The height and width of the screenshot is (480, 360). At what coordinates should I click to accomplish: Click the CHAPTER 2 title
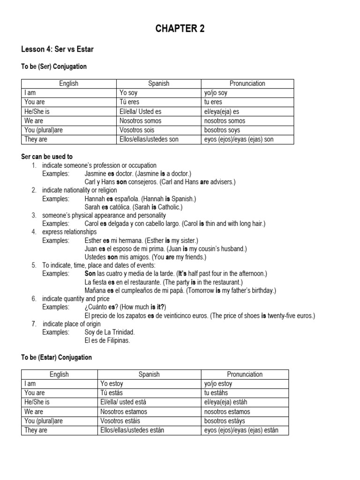pyautogui.click(x=180, y=29)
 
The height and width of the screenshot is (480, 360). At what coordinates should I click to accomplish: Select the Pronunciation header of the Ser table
pyautogui.click(x=247, y=83)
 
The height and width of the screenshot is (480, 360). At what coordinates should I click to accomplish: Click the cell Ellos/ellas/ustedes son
pyautogui.click(x=149, y=139)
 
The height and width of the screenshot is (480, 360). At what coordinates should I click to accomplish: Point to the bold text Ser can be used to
pyautogui.click(x=47, y=157)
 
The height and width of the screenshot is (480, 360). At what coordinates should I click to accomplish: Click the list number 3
pyautogui.click(x=34, y=215)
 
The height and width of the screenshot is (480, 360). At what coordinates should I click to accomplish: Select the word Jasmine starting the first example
pyautogui.click(x=95, y=173)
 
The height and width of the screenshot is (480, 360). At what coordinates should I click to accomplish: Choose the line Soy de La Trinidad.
pyautogui.click(x=110, y=332)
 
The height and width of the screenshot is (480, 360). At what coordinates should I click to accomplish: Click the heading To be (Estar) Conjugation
pyautogui.click(x=57, y=357)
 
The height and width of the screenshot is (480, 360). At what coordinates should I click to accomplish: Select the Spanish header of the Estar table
pyautogui.click(x=149, y=374)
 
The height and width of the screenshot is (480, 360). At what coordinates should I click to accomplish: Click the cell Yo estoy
pyautogui.click(x=112, y=383)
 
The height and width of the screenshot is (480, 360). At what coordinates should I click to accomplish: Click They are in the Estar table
pyautogui.click(x=36, y=430)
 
